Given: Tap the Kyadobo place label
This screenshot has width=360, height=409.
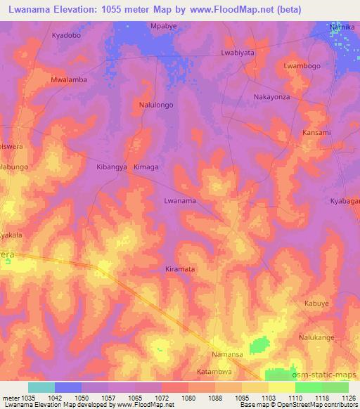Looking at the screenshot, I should tap(67, 34).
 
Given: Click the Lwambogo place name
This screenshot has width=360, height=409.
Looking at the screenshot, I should tap(302, 65).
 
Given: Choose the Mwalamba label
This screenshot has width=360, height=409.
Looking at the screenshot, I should tap(69, 80).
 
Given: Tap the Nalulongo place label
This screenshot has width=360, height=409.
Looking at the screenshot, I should tap(156, 105).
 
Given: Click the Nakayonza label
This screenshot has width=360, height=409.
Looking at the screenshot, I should tap(272, 96).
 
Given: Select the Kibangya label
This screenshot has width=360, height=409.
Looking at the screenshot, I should tap(111, 168).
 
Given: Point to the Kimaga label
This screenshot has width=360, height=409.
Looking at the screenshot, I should tap(146, 168).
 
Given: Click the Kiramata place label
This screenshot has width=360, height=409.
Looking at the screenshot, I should tap(179, 269).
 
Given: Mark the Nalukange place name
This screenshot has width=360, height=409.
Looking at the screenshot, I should tap(318, 337).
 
